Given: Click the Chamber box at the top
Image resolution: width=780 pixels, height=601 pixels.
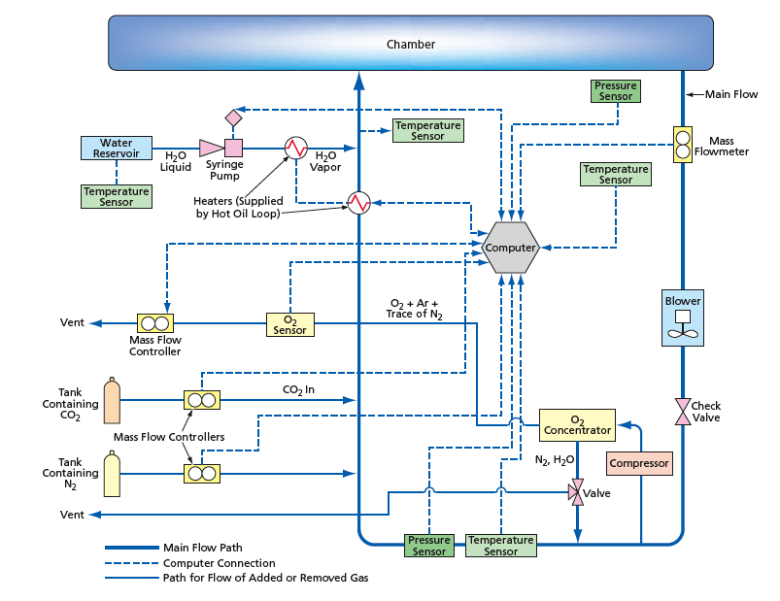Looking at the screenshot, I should click(411, 44).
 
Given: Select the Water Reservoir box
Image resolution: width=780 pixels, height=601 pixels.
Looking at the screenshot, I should click(117, 149).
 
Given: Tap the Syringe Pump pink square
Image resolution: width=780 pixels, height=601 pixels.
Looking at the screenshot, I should click(233, 148).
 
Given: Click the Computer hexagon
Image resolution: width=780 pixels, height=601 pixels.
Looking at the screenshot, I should click(511, 248).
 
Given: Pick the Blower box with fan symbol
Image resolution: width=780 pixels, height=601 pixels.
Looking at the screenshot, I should click(682, 317).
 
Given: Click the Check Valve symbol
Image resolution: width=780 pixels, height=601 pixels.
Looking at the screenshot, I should click(682, 411).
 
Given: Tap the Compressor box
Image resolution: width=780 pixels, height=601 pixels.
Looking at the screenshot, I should click(639, 463).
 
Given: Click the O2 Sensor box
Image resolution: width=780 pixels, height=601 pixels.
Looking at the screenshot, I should click(289, 324).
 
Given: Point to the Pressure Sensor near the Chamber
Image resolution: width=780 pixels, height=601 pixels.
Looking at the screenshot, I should click(616, 91).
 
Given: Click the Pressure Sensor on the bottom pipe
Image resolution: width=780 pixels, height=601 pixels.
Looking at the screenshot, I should click(428, 546).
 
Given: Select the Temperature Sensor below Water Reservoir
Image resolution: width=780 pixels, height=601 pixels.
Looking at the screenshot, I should click(117, 196).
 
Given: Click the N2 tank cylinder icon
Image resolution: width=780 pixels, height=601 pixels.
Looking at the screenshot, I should click(112, 474).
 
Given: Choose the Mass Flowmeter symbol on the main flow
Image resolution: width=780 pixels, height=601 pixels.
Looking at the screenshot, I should click(682, 144).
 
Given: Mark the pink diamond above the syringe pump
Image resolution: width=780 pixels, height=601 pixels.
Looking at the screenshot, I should click(233, 117).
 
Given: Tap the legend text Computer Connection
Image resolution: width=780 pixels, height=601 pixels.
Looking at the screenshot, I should click(219, 563).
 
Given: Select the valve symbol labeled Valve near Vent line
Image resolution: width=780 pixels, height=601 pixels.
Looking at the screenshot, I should click(577, 493).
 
